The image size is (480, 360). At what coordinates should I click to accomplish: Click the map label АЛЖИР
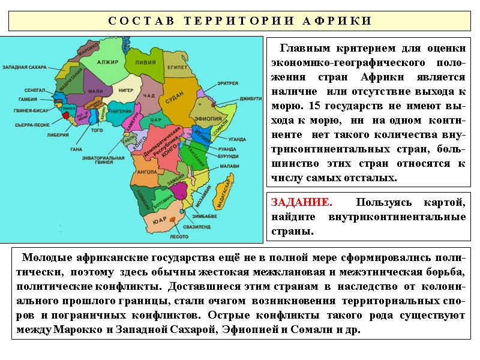pyautogui.click(x=108, y=62)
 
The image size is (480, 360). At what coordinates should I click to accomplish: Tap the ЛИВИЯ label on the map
pyautogui.click(x=146, y=62)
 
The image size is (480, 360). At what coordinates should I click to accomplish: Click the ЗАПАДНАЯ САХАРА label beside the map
pyautogui.click(x=25, y=68)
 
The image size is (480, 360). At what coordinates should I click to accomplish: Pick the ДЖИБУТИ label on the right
pyautogui.click(x=250, y=98)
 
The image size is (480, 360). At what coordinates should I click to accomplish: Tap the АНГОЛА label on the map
pyautogui.click(x=147, y=171)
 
